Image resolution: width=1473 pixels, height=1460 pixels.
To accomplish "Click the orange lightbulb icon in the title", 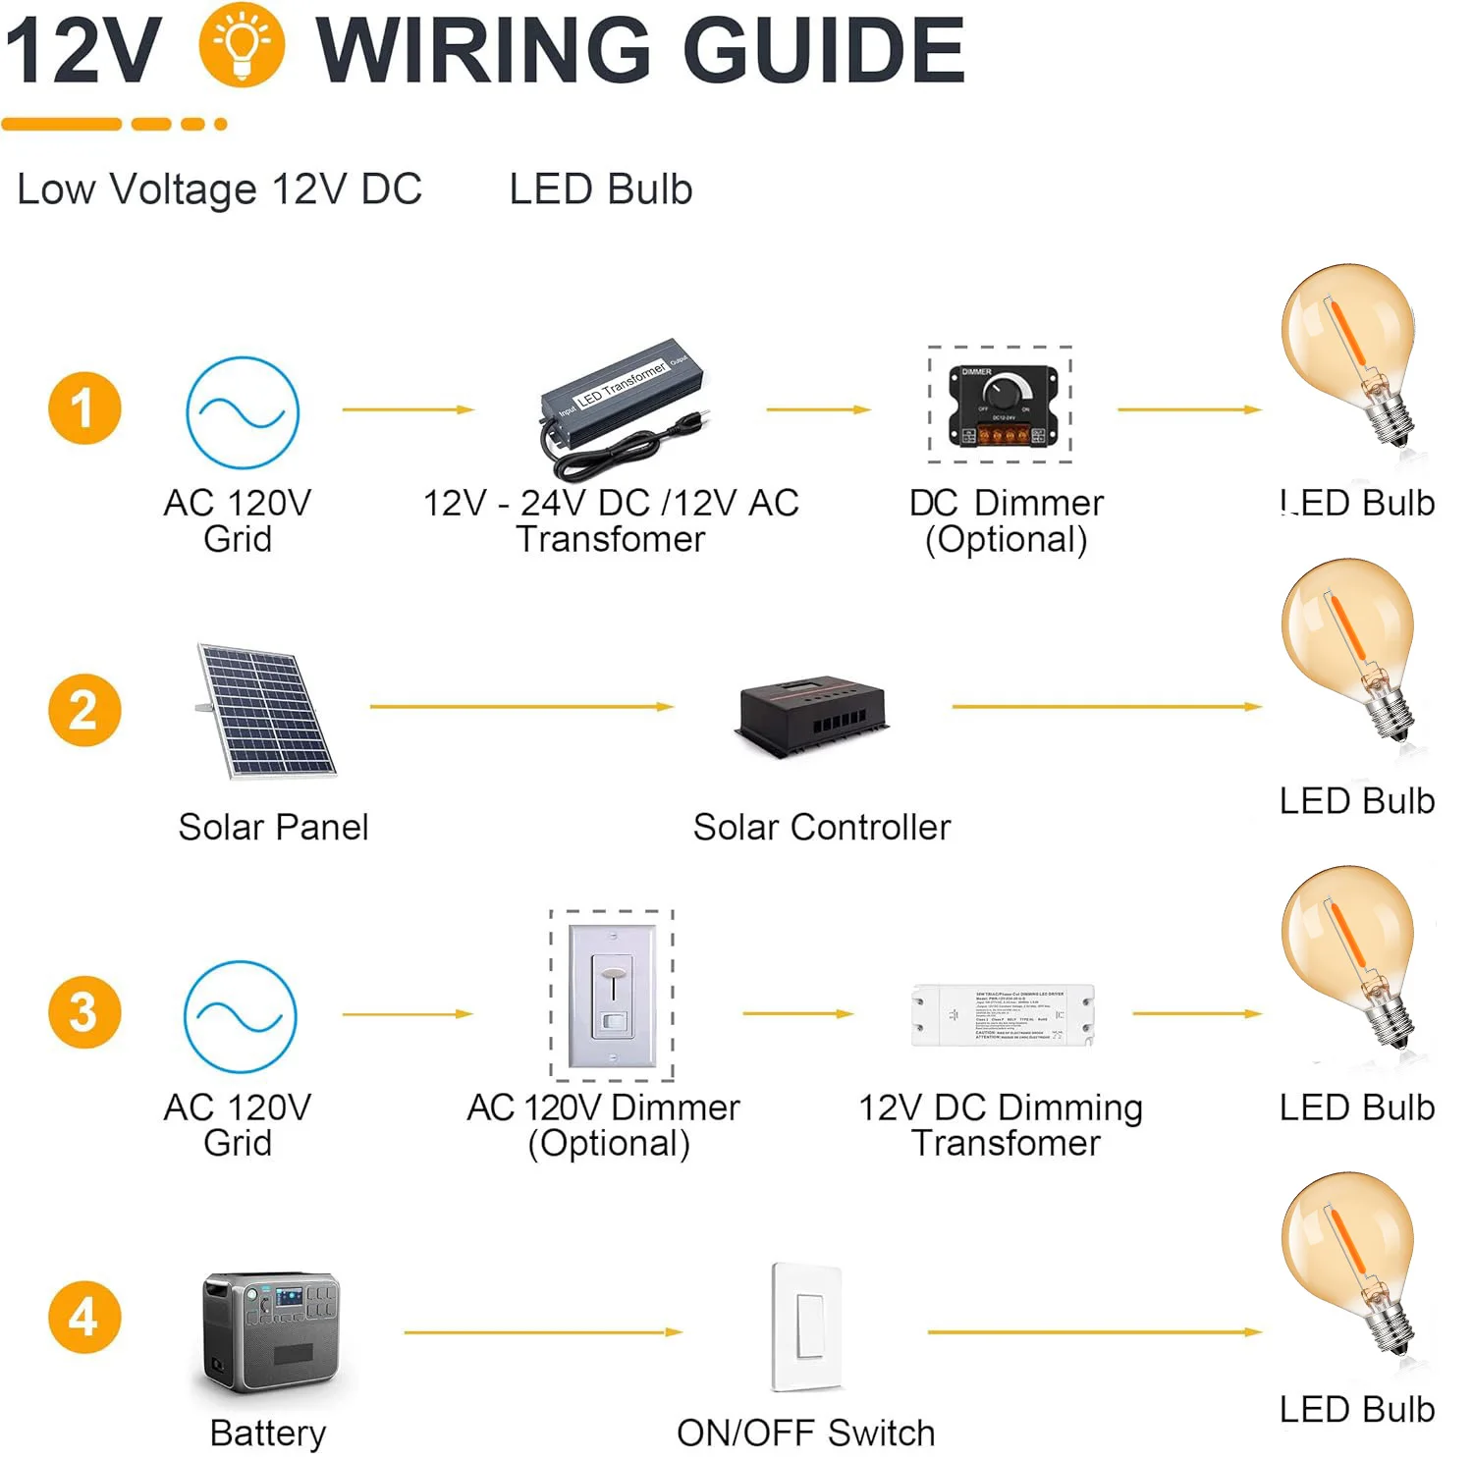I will (242, 46).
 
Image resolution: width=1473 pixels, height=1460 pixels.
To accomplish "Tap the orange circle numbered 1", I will (84, 408).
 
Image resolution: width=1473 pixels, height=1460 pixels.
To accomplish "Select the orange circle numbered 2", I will (84, 710).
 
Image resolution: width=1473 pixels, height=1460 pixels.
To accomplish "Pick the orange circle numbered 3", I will (84, 1012).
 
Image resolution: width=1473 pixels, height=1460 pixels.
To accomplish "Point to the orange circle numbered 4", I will (84, 1317).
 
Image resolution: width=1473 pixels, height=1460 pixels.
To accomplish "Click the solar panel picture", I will (266, 711).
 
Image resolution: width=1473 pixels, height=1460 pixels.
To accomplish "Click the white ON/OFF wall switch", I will (807, 1325).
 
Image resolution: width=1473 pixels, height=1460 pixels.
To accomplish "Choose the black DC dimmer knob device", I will (1002, 405).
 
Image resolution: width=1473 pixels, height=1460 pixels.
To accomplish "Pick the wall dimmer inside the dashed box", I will (613, 996).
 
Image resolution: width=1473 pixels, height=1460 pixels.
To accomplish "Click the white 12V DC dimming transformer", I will (1003, 1015).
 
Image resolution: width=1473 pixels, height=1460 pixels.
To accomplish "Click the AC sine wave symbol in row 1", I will (243, 412).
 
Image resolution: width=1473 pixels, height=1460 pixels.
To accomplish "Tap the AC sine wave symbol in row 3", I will (241, 1016).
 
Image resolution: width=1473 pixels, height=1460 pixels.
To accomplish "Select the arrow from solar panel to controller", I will (521, 706).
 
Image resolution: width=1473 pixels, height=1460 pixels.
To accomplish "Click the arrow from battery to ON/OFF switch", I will (543, 1332).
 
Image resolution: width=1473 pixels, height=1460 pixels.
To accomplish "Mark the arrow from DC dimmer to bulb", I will (1189, 409).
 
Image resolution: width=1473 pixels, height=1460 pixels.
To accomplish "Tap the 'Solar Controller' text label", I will (822, 828).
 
